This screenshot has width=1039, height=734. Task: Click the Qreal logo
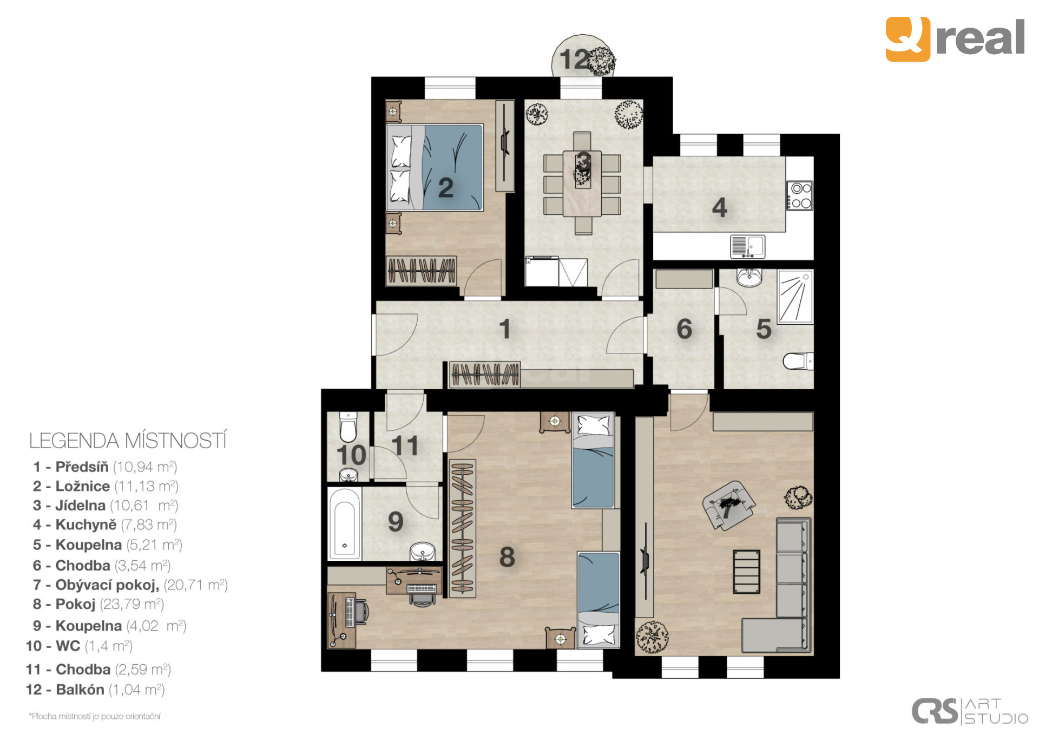[x=955, y=38]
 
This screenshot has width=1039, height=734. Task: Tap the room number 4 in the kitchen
[x=719, y=207]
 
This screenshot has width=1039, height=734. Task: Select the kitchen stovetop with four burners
[x=800, y=195]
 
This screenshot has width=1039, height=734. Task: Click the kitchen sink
[x=747, y=246]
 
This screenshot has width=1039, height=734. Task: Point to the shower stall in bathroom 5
[x=795, y=297]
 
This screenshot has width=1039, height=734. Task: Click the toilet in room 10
[x=347, y=428]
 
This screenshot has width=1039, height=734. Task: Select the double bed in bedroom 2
[x=435, y=168]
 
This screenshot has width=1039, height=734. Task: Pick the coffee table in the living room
[x=747, y=572]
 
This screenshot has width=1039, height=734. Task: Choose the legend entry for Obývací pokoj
[x=130, y=585]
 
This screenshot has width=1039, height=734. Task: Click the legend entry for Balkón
[x=95, y=690]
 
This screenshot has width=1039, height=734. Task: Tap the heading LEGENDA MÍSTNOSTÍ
[x=128, y=441]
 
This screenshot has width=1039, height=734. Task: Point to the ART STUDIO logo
[x=970, y=711]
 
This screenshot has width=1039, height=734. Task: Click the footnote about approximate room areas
[x=95, y=716]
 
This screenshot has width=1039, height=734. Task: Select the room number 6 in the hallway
[x=684, y=329]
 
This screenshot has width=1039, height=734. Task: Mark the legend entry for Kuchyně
[x=105, y=525]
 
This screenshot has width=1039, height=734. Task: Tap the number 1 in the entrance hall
[x=505, y=329]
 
